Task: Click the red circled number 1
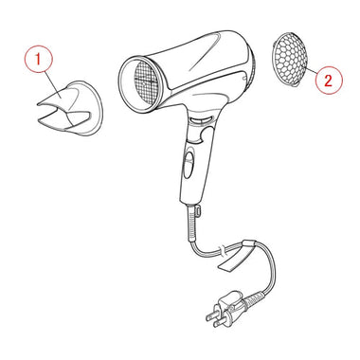coord(38,59)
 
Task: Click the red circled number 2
coord(329,81)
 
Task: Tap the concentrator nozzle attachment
coord(70,108)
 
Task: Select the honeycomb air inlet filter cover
coord(288,59)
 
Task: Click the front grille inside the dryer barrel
coord(146,83)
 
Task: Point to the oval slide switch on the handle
coord(189,163)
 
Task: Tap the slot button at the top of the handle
coord(201,120)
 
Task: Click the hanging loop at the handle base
coord(198,210)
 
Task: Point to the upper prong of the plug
coord(213,315)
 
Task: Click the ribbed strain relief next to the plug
coord(254,297)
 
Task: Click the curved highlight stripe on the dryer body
coord(206,52)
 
